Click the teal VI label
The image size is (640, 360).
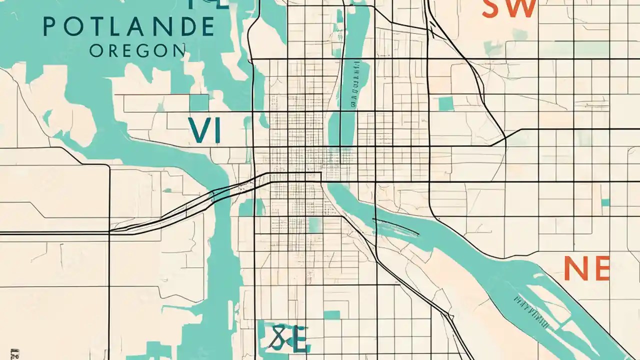point(204,130)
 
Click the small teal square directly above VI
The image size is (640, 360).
point(198,102)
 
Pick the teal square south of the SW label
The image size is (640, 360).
point(445,103)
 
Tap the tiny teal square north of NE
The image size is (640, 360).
point(605,202)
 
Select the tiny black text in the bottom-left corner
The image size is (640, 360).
point(18,353)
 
